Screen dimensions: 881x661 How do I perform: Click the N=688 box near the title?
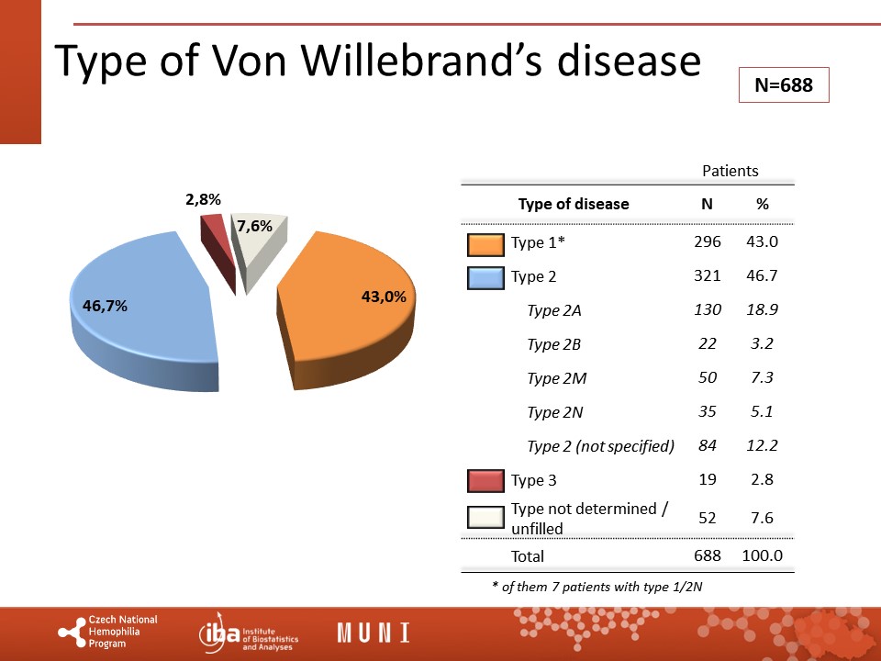(784, 84)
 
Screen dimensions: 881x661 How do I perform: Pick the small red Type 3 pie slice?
(217, 247)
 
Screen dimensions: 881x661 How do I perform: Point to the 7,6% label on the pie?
(254, 226)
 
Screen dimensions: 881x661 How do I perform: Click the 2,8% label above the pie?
(204, 199)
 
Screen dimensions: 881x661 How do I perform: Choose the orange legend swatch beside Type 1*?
(485, 244)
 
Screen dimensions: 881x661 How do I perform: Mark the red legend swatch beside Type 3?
(485, 480)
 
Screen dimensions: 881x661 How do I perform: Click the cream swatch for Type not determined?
(485, 518)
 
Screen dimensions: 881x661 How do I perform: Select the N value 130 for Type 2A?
(708, 309)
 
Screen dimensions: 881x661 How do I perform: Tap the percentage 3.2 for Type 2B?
(762, 343)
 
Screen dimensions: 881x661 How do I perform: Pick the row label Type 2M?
(557, 378)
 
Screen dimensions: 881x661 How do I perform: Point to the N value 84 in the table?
(708, 446)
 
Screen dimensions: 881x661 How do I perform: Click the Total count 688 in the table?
(708, 555)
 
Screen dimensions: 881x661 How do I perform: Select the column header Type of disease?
(574, 204)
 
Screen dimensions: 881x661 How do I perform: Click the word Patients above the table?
(730, 171)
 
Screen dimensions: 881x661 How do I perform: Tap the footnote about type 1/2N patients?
(597, 587)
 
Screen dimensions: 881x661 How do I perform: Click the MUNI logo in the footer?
(374, 633)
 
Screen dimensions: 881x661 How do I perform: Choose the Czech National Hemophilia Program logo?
(108, 632)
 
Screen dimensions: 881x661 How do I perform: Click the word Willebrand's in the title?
(421, 61)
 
